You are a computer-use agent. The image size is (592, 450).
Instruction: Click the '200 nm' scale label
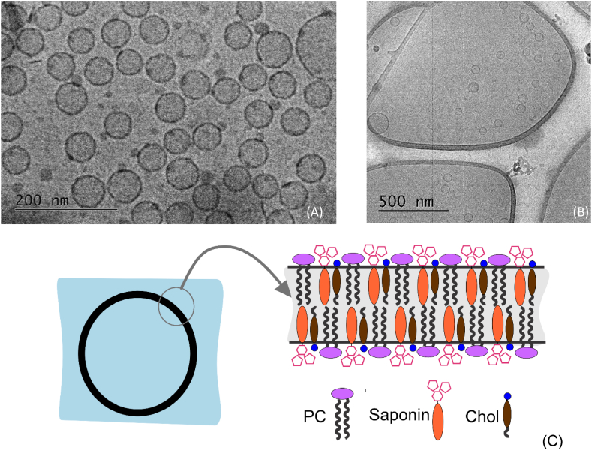[x=44, y=200]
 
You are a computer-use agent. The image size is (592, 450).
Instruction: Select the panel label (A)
[x=315, y=212]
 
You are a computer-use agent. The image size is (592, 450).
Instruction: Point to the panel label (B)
[x=580, y=211]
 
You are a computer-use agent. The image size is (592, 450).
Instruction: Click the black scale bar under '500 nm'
[x=413, y=211]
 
